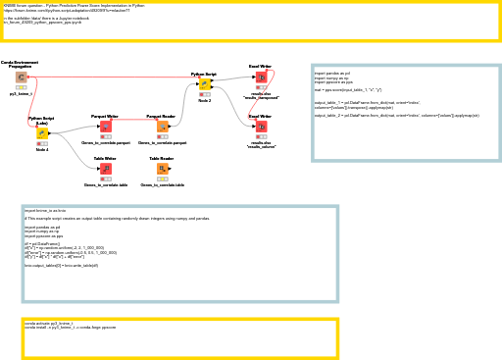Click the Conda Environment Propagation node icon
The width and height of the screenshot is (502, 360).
tap(21, 77)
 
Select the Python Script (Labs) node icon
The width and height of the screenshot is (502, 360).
tap(42, 132)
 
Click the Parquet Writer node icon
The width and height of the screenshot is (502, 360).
tap(106, 127)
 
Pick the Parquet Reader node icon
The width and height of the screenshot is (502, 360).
tap(162, 127)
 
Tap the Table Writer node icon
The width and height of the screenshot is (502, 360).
tap(106, 169)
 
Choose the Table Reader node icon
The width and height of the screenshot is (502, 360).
tap(162, 169)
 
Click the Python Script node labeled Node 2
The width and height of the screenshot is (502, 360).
tap(205, 83)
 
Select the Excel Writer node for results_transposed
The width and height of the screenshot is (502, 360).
tap(261, 77)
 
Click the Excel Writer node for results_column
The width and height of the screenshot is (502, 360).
tap(261, 127)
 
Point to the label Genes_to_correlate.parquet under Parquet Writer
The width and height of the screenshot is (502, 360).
tap(106, 142)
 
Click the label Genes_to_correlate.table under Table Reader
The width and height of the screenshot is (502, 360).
tap(162, 184)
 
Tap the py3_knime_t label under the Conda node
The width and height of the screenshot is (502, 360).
tap(21, 93)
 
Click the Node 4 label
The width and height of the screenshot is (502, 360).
tap(42, 149)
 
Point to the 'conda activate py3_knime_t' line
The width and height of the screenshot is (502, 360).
tap(49, 323)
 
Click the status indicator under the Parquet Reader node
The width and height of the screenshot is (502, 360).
tap(162, 136)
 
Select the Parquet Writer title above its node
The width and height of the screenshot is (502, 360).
tap(105, 116)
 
